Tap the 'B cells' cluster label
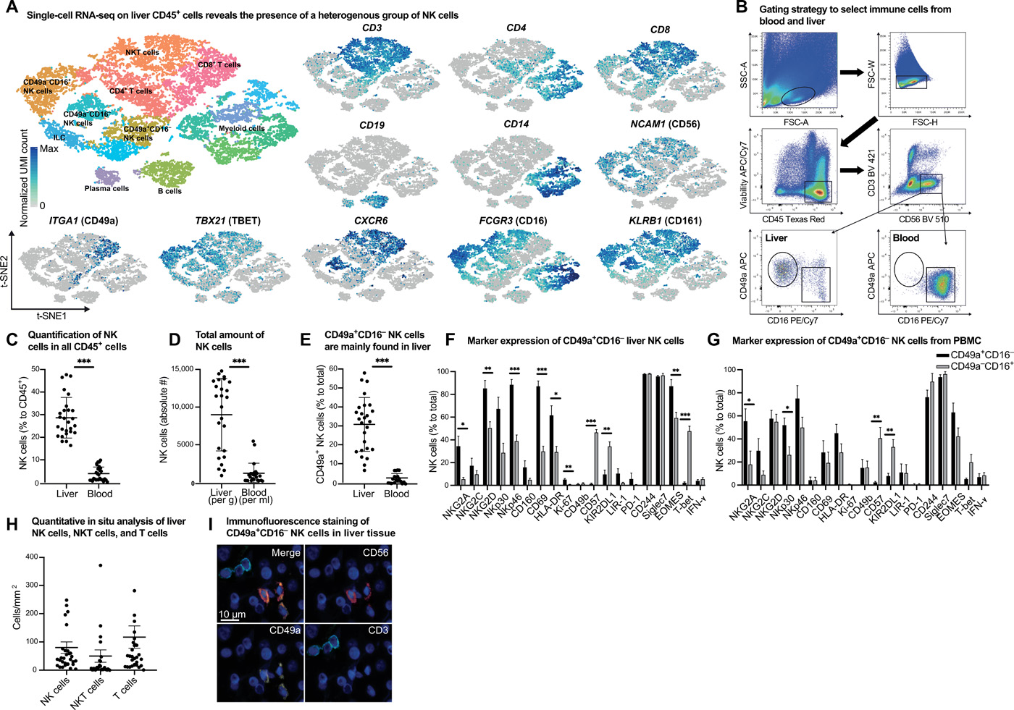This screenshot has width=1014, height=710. coord(169,191)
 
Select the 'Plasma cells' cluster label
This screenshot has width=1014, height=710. coord(106,188)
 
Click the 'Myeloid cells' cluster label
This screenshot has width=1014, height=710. coord(241,129)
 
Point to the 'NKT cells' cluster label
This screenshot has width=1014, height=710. coord(142,52)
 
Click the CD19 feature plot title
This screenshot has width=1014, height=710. coord(372,125)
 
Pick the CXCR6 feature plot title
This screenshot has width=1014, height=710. coord(371,221)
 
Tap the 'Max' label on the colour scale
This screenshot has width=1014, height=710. coord(49,149)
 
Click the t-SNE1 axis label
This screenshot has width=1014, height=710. coord(52,316)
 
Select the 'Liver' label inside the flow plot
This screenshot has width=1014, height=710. coord(776,238)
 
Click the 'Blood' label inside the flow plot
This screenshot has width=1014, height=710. coord(905,238)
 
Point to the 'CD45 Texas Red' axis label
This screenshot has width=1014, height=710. coord(793,219)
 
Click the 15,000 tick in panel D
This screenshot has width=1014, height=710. coord(178,369)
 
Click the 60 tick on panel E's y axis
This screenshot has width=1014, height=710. coord(335,369)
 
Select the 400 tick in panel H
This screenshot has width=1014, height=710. coord(30,557)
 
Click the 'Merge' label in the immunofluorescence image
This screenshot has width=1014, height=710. coord(285,553)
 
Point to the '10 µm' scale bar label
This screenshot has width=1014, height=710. coord(232,614)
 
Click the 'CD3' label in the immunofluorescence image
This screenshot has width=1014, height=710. coord(378,630)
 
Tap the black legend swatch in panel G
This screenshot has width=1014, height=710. coord(942,355)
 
